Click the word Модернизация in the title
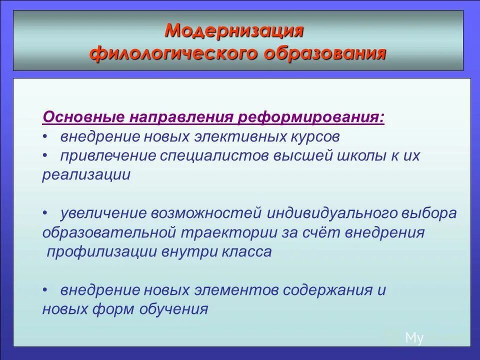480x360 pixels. tap(234, 30)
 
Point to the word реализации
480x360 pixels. tap(86, 174)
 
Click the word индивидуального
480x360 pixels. tap(330, 213)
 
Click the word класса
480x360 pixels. tap(246, 251)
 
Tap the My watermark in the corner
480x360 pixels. tap(414, 338)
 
